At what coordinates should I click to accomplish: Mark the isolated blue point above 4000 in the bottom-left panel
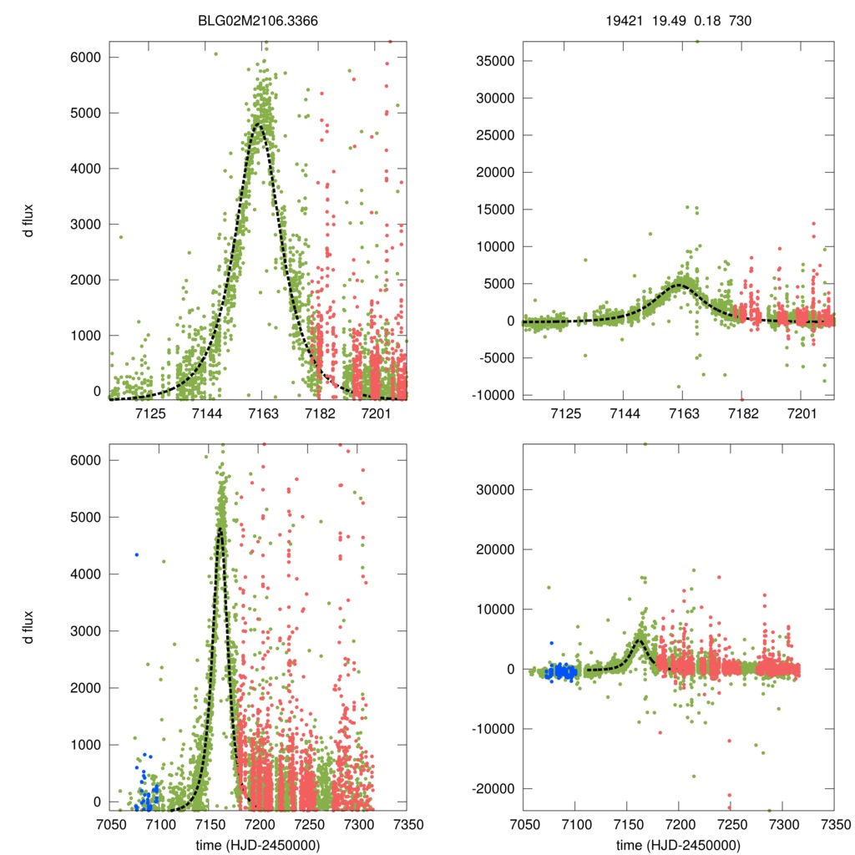click(x=136, y=554)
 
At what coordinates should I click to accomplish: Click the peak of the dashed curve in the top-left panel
click(x=260, y=126)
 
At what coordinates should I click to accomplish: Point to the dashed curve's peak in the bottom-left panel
click(x=220, y=529)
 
